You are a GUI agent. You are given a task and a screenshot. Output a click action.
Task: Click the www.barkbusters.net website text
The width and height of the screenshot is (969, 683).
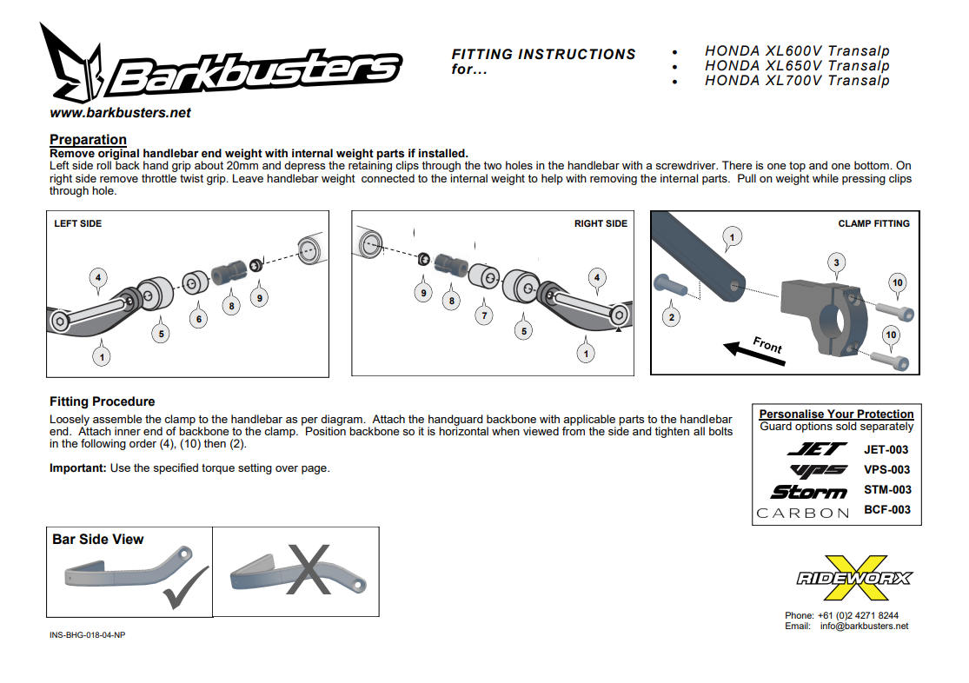pyautogui.click(x=120, y=113)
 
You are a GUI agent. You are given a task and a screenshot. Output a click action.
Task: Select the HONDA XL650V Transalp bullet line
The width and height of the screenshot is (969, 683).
pyautogui.click(x=797, y=66)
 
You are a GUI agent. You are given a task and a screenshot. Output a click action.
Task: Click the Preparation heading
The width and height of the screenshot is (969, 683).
pyautogui.click(x=88, y=140)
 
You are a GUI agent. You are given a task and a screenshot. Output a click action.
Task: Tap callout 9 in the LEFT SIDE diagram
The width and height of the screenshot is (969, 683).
pyautogui.click(x=258, y=297)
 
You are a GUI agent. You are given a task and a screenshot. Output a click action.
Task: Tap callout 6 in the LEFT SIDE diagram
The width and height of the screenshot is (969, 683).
pyautogui.click(x=199, y=319)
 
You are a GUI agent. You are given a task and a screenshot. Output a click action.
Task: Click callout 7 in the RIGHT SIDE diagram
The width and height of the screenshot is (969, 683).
pyautogui.click(x=484, y=315)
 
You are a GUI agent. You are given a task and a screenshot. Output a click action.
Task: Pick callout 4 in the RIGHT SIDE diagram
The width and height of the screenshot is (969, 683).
pyautogui.click(x=596, y=278)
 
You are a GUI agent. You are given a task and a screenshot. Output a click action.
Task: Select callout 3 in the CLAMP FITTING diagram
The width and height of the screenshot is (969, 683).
pyautogui.click(x=836, y=262)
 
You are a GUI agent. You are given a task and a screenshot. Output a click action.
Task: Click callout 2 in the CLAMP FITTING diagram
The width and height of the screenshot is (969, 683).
pyautogui.click(x=671, y=317)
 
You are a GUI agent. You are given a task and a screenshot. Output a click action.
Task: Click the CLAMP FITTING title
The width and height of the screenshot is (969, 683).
pyautogui.click(x=873, y=223)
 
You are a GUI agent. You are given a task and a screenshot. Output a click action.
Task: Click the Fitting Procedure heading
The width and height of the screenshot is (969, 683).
pyautogui.click(x=103, y=401)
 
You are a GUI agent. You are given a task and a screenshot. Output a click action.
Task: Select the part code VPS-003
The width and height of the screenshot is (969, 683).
pyautogui.click(x=886, y=469)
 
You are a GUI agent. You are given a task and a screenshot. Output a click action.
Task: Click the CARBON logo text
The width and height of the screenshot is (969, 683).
pyautogui.click(x=802, y=513)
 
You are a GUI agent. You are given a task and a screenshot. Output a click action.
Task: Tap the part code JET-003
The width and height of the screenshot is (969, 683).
pyautogui.click(x=886, y=449)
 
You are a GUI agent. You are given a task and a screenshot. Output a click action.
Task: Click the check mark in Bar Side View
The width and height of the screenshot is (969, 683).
pyautogui.click(x=184, y=583)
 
